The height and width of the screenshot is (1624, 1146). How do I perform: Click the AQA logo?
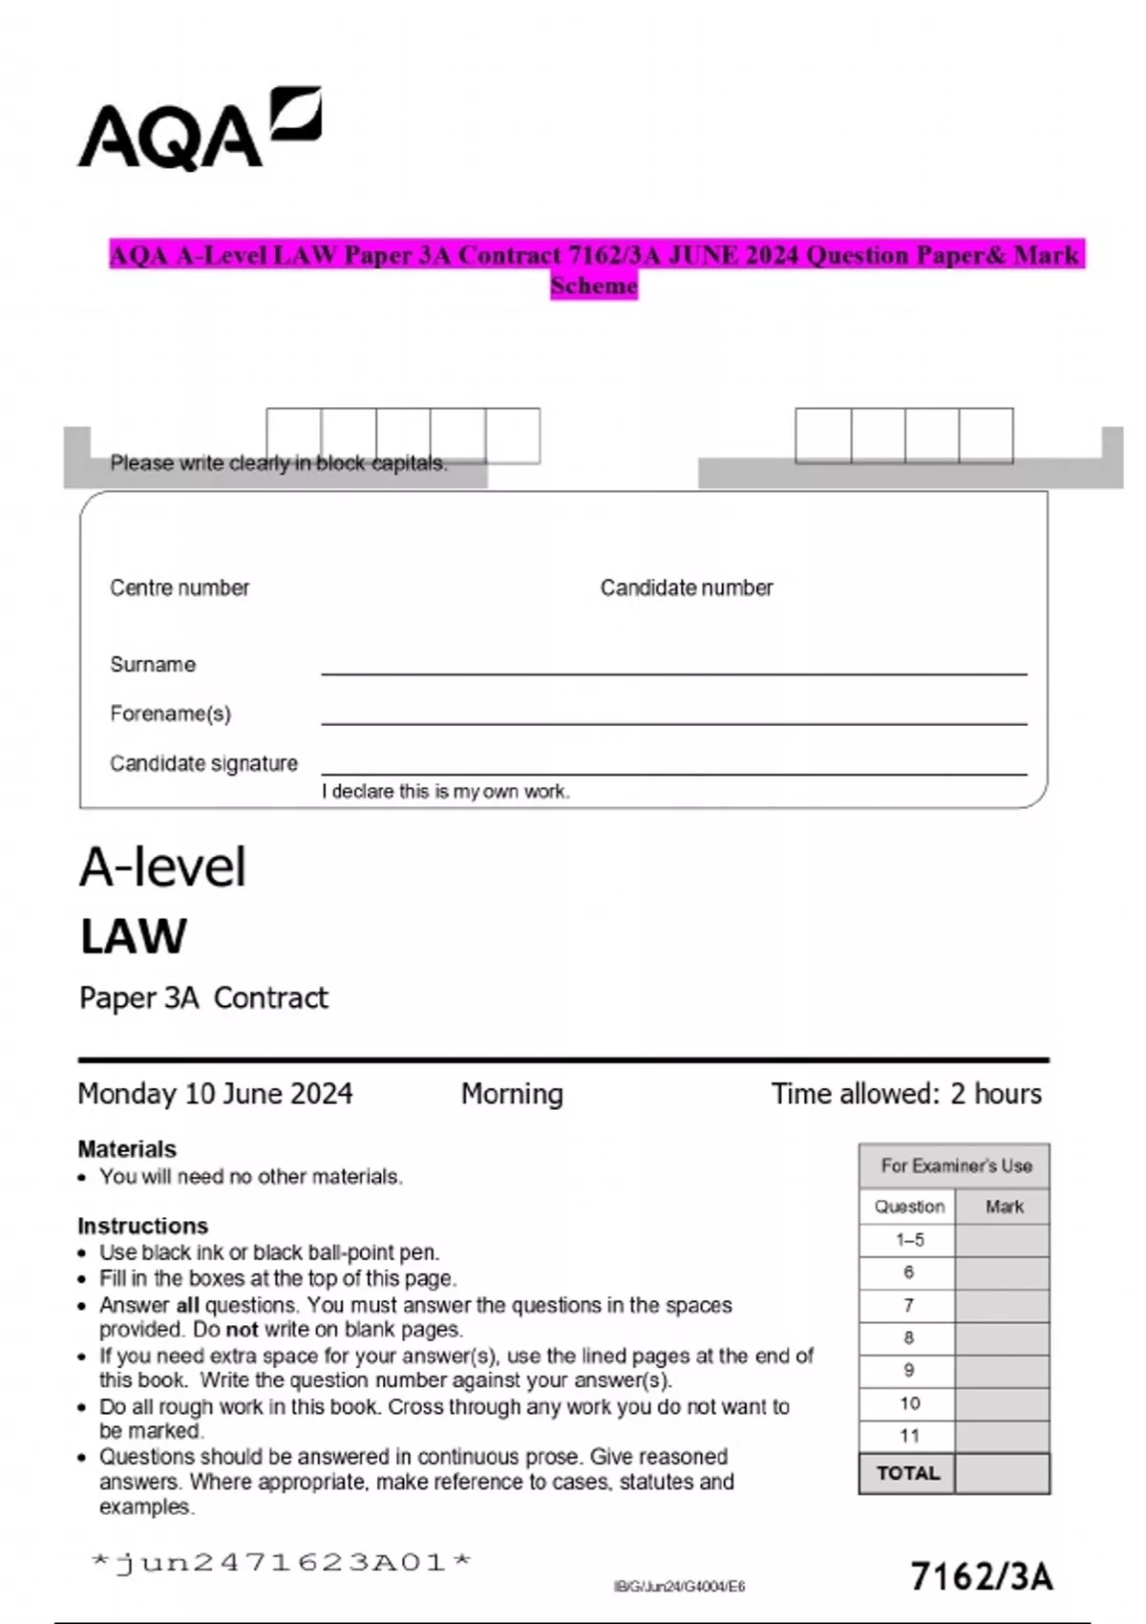(x=199, y=131)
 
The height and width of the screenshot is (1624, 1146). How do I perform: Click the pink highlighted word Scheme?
(x=593, y=286)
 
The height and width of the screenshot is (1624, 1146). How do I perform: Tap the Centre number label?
(x=180, y=588)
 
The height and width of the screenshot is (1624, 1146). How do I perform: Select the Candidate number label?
(x=686, y=588)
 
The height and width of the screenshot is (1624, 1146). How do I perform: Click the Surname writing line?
(x=673, y=672)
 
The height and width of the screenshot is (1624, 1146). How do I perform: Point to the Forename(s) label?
(x=170, y=714)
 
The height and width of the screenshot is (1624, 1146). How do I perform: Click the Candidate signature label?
(x=203, y=763)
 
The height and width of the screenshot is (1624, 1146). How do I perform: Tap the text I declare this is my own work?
(x=445, y=791)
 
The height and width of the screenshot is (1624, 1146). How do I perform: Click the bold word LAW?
(x=134, y=936)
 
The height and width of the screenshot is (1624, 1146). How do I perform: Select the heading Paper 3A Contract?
(x=203, y=997)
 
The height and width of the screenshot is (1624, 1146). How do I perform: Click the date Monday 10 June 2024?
(x=215, y=1093)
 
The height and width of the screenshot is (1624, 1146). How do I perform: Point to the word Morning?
(x=512, y=1093)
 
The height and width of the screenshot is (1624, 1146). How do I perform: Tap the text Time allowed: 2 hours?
(x=905, y=1093)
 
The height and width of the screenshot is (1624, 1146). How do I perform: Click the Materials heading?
(x=127, y=1148)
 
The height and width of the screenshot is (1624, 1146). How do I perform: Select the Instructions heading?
(x=142, y=1225)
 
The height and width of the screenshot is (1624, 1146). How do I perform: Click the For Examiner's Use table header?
(x=955, y=1165)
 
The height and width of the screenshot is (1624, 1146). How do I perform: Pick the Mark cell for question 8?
(x=1002, y=1338)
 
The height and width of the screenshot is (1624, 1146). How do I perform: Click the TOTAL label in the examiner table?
(x=907, y=1473)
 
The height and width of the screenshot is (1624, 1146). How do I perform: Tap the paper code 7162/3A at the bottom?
(x=981, y=1575)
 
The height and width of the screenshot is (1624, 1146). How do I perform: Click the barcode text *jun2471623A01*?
(x=282, y=1563)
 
